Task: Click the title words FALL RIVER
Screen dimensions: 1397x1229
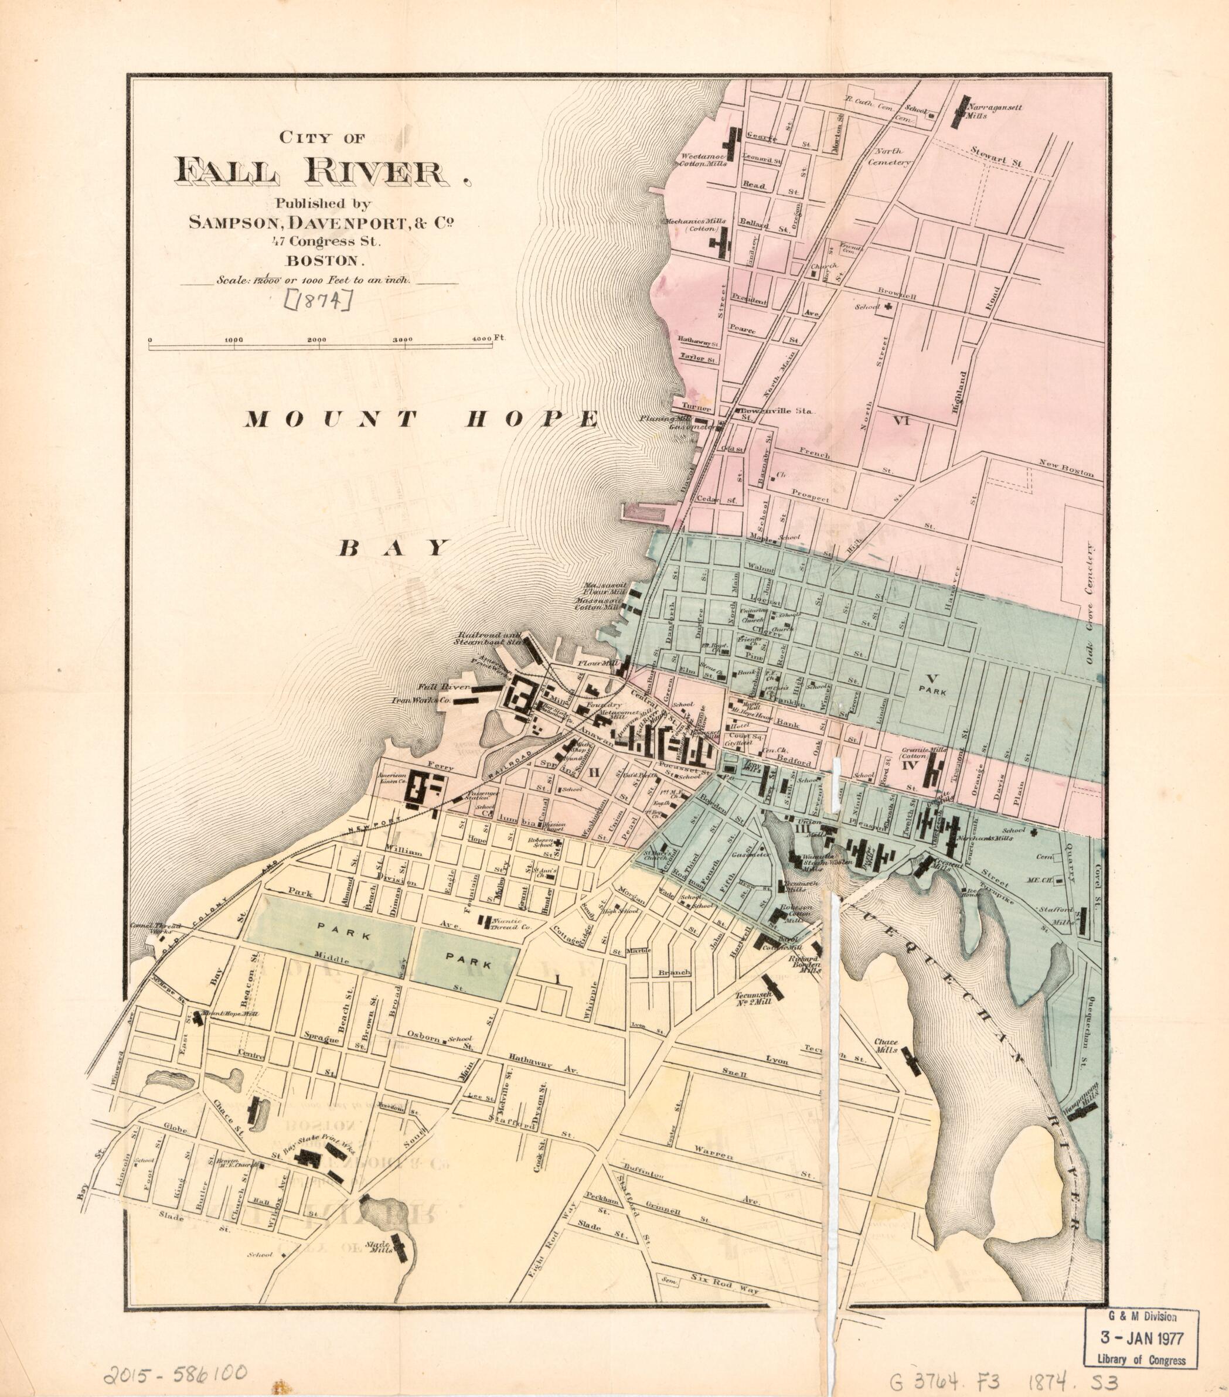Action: [315, 171]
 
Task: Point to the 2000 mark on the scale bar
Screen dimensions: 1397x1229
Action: [316, 340]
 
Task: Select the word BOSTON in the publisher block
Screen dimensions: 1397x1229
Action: [326, 260]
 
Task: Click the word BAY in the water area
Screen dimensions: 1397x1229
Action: [395, 547]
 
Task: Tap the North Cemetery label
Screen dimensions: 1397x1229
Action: [889, 156]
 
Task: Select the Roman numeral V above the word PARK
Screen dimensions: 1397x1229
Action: [929, 678]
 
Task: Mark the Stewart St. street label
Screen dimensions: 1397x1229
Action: [996, 161]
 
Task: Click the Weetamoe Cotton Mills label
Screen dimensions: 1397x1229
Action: [702, 159]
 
